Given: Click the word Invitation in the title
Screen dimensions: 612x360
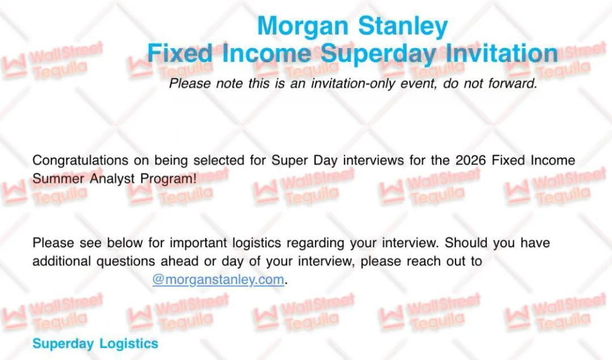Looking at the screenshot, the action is point(501,53).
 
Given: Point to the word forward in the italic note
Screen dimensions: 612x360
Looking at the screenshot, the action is point(512,83).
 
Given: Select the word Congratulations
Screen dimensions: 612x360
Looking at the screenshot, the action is point(80,160).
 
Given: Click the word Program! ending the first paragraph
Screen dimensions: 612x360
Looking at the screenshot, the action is point(168,179).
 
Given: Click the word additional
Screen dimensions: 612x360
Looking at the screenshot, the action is point(62,261).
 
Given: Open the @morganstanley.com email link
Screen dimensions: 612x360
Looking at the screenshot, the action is point(218,279).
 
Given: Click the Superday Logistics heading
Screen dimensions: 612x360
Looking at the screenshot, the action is point(96,344).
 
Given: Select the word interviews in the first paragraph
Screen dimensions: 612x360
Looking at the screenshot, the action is point(373,160).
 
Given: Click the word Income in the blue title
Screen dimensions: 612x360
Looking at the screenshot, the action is point(266,53).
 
